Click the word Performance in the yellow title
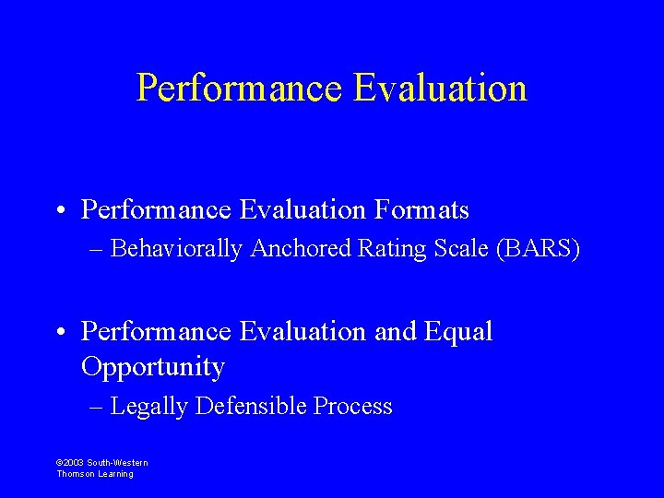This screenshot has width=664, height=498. point(240,89)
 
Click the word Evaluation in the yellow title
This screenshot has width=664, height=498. point(440,89)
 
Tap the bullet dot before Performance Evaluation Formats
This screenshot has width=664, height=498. point(59,211)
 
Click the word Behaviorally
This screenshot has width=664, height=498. point(175,249)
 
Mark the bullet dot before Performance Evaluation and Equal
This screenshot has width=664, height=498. point(59,332)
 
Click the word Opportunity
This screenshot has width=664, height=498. point(153,367)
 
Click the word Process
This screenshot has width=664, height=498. point(353,407)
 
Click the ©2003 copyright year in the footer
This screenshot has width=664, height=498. point(70,463)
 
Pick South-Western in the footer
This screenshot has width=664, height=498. point(117,463)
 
